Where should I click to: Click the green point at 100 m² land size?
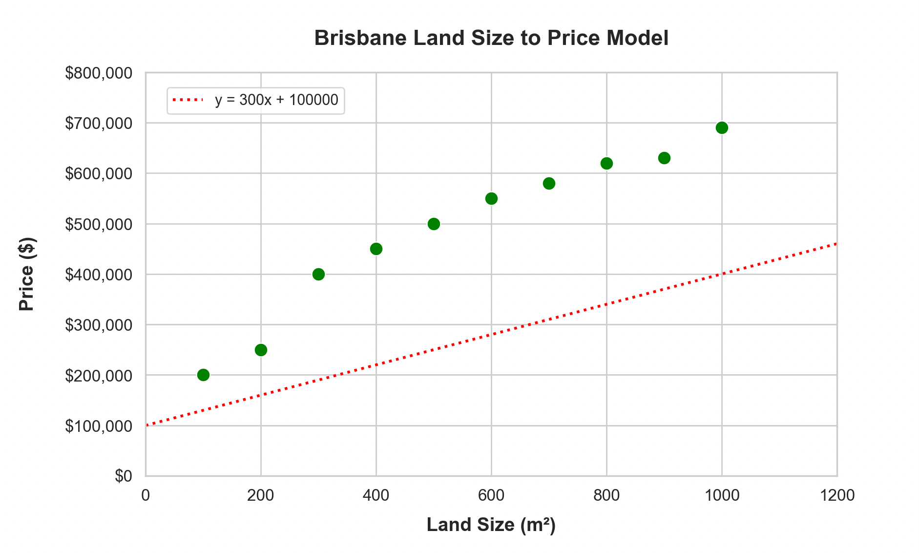tap(203, 375)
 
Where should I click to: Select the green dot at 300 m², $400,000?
tap(318, 274)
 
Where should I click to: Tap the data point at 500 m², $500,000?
tap(434, 224)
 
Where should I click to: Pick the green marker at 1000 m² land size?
tap(722, 128)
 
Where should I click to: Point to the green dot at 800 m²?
tap(606, 163)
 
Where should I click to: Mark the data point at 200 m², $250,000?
tap(261, 350)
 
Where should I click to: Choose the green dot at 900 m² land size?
tap(664, 158)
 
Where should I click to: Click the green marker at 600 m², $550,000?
tap(491, 198)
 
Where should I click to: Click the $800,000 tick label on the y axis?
tap(99, 73)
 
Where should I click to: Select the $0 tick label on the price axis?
tap(124, 476)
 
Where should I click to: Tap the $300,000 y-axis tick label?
tap(99, 325)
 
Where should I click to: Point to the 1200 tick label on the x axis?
tap(837, 496)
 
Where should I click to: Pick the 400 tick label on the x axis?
tap(376, 496)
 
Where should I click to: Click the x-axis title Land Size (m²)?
tap(491, 525)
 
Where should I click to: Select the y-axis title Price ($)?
tap(27, 274)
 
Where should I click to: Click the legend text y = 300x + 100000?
tap(276, 100)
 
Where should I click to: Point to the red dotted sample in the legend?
tap(188, 100)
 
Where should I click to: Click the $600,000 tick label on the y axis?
tap(99, 174)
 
